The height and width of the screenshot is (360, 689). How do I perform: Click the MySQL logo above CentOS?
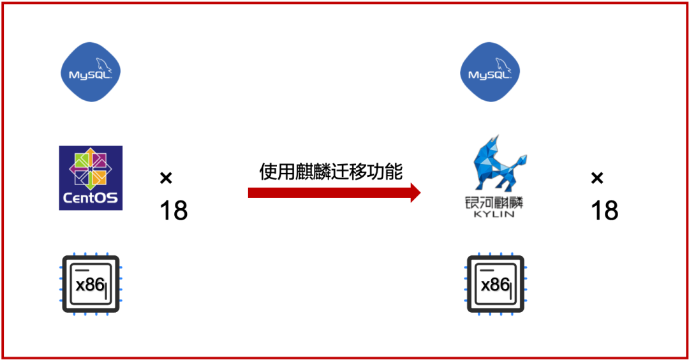pos(91,71)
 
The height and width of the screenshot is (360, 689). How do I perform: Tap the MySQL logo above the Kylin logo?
pos(491,71)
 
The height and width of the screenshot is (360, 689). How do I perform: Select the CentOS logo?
pos(91,178)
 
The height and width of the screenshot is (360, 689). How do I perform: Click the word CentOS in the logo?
pos(91,198)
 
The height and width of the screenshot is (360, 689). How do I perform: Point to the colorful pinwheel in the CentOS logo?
pos(91,168)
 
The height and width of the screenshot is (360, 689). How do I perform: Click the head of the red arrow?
pos(415,192)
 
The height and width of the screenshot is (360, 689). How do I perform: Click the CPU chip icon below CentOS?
pos(91,283)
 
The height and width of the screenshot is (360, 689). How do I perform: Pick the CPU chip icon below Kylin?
pos(496,283)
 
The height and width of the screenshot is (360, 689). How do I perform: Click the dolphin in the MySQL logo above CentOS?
pos(102,64)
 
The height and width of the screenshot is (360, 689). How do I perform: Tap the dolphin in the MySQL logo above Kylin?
pos(502,64)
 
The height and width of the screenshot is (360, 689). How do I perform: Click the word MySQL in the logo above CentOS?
pos(86,75)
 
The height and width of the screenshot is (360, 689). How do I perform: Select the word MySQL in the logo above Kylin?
pos(486,75)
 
